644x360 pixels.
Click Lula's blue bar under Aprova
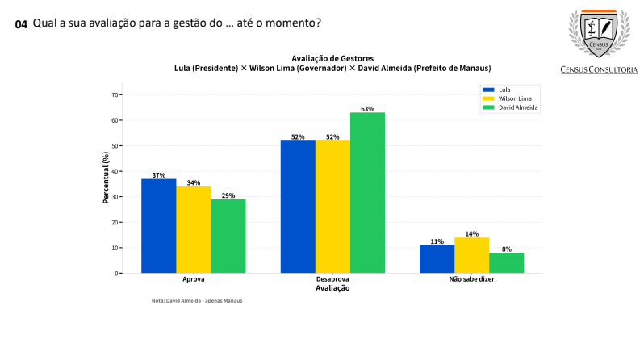[x=158, y=226]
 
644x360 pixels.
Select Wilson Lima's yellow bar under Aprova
[x=194, y=230]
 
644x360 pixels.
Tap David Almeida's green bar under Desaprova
[x=367, y=193]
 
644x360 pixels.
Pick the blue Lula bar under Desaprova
[x=298, y=207]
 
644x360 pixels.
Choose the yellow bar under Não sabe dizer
[x=471, y=255]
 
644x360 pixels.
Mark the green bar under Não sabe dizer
[x=507, y=263]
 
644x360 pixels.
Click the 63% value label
[x=367, y=108]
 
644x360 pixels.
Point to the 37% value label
[x=158, y=175]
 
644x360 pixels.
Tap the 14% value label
[x=471, y=233]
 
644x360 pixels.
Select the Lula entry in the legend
[x=503, y=89]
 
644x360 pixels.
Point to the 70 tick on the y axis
[x=115, y=94]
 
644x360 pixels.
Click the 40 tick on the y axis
[x=115, y=171]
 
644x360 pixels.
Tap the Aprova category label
[x=194, y=279]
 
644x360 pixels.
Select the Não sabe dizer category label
[x=471, y=279]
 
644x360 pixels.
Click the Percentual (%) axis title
[x=106, y=178]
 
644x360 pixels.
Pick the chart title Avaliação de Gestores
[x=332, y=57]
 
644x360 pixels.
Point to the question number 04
[x=21, y=24]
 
